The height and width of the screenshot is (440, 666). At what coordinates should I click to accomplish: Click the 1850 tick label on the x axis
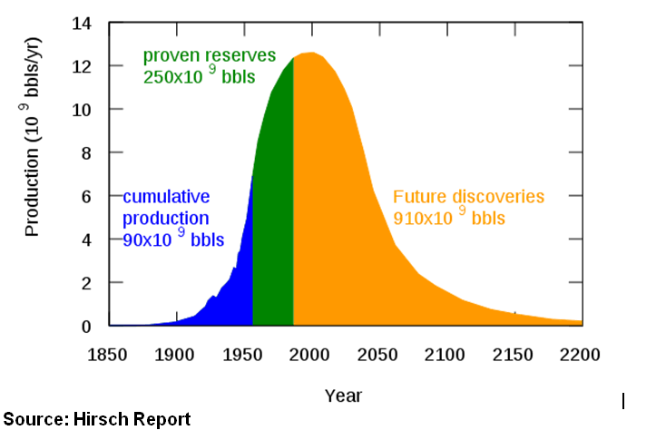pyautogui.click(x=108, y=355)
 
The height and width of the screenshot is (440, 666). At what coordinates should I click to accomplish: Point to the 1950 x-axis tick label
pyautogui.click(x=243, y=355)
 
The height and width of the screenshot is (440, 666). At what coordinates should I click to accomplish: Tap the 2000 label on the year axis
pyautogui.click(x=310, y=355)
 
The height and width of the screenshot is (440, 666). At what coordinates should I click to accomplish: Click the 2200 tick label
pyautogui.click(x=581, y=355)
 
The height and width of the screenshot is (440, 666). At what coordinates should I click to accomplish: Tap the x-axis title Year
pyautogui.click(x=344, y=396)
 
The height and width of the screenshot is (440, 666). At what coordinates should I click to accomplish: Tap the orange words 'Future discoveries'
pyautogui.click(x=468, y=196)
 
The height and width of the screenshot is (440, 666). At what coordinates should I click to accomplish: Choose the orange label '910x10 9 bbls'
pyautogui.click(x=448, y=218)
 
